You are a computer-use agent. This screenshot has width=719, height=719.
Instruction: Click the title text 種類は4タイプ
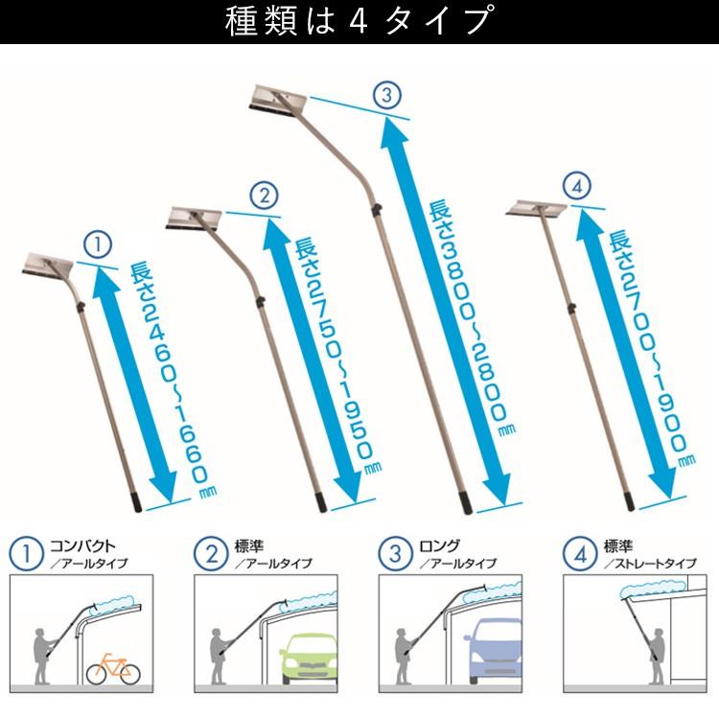click(359, 21)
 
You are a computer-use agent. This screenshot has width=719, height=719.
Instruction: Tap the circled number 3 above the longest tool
click(385, 96)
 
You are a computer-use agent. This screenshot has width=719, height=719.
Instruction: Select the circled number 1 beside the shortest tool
click(99, 244)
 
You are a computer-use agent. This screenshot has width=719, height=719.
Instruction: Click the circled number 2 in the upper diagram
click(264, 196)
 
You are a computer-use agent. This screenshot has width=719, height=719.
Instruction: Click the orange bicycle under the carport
click(113, 668)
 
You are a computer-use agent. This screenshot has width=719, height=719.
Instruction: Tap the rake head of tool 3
click(277, 100)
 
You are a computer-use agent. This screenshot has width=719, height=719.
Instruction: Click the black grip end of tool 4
click(628, 500)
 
